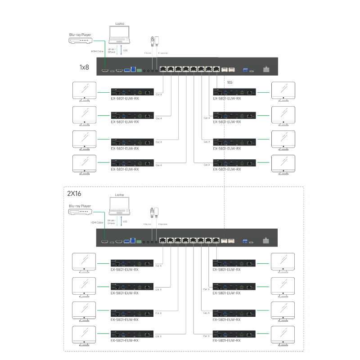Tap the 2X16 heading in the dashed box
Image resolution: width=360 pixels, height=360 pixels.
[74, 193]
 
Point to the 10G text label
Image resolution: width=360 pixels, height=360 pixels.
[229, 83]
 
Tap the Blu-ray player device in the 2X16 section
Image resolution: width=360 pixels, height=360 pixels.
[80, 211]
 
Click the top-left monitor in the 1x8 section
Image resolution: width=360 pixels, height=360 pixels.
[84, 91]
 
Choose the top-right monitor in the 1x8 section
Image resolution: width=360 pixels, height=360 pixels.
[283, 91]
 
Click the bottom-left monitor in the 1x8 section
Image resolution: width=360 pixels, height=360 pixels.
[84, 165]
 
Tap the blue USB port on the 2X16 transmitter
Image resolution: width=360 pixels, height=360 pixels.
[132, 242]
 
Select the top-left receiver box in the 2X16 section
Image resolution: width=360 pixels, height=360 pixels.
[132, 262]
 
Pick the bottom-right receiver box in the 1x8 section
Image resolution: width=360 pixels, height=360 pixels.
[234, 162]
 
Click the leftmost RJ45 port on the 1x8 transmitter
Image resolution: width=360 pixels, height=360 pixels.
[164, 69]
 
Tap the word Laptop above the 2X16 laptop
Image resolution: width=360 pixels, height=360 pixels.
[119, 195]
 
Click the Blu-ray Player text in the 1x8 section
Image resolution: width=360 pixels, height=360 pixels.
[80, 34]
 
